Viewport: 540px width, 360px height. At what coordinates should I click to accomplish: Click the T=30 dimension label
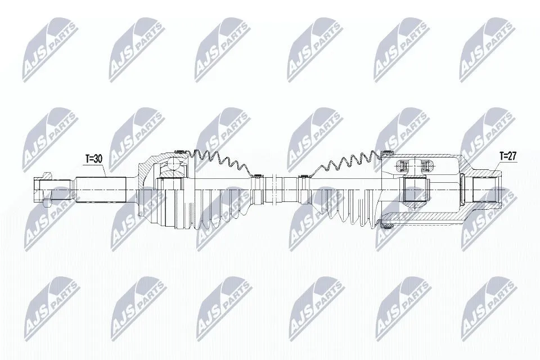pyautogui.click(x=94, y=159)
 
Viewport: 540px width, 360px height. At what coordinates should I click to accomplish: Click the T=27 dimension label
pyautogui.click(x=508, y=156)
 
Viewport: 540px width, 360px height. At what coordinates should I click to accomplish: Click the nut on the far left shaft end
pyautogui.click(x=44, y=189)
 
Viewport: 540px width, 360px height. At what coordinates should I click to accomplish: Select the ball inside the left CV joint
pyautogui.click(x=174, y=164)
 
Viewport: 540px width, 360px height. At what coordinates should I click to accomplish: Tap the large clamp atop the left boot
pyautogui.click(x=180, y=151)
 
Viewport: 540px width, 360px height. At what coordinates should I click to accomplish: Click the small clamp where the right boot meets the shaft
pyautogui.click(x=304, y=177)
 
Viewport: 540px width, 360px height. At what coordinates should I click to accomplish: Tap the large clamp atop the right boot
pyautogui.click(x=388, y=152)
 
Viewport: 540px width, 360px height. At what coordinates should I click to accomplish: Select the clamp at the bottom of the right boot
pyautogui.click(x=388, y=226)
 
